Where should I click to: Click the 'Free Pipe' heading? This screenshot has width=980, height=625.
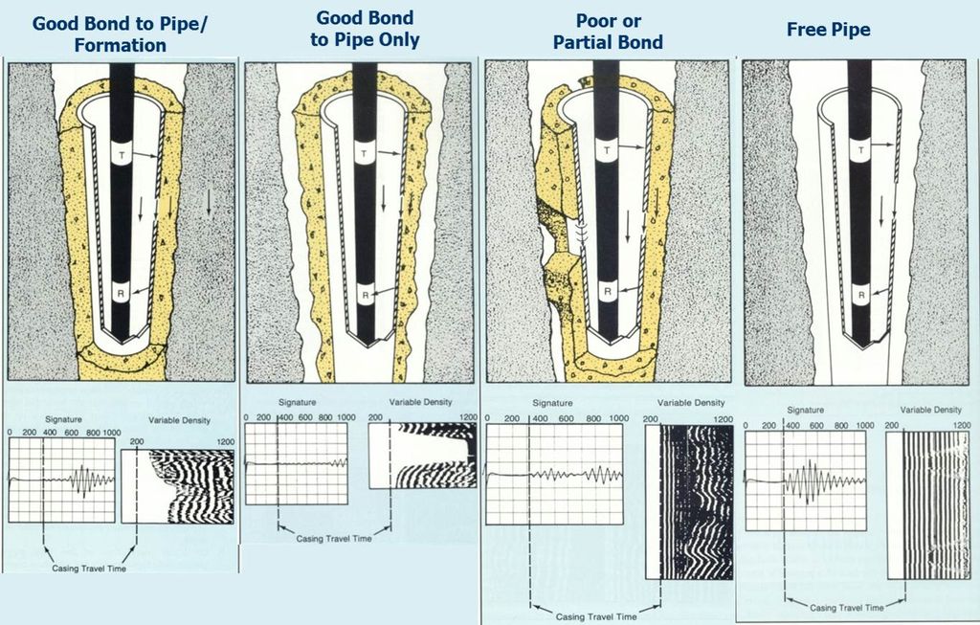click(828, 30)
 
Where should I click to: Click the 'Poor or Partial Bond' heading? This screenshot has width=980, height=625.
click(608, 32)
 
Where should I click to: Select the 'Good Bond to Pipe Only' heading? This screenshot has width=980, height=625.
click(365, 29)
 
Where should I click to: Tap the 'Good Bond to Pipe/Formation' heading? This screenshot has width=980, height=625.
click(120, 34)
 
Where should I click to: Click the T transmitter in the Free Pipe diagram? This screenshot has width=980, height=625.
click(861, 150)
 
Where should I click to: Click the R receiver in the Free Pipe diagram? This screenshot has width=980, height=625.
click(861, 295)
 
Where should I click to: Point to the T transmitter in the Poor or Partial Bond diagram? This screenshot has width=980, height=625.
click(606, 150)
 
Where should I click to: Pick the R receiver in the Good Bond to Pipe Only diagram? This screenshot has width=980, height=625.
click(366, 295)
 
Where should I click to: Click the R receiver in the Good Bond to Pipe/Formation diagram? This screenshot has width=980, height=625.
click(122, 291)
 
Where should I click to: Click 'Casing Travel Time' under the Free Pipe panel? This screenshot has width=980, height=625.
click(847, 608)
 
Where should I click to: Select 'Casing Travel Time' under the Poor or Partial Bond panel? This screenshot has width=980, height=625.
click(596, 617)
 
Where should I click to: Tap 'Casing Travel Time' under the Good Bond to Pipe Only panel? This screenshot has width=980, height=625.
click(334, 538)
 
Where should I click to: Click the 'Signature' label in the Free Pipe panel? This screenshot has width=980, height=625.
click(805, 410)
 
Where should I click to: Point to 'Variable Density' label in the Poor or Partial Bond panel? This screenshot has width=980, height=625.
click(691, 403)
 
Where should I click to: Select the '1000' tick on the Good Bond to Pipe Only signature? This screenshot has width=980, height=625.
click(345, 417)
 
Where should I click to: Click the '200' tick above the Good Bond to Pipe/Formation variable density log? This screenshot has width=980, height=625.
click(137, 442)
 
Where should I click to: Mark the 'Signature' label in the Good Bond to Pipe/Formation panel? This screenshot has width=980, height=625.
click(63, 419)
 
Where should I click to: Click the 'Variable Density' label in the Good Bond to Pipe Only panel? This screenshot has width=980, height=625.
click(420, 402)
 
